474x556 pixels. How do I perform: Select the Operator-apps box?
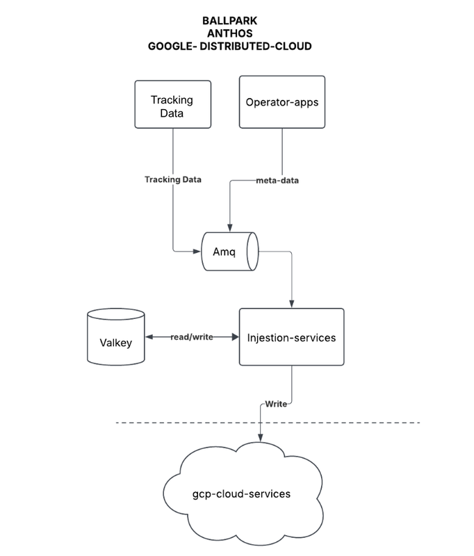(281, 102)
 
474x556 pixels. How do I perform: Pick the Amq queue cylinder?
(229, 251)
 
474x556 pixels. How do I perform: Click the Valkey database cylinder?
(116, 338)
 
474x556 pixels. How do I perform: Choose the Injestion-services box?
(291, 338)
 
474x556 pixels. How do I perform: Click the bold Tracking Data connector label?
(173, 179)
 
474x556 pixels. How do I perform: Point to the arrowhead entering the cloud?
(261, 436)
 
